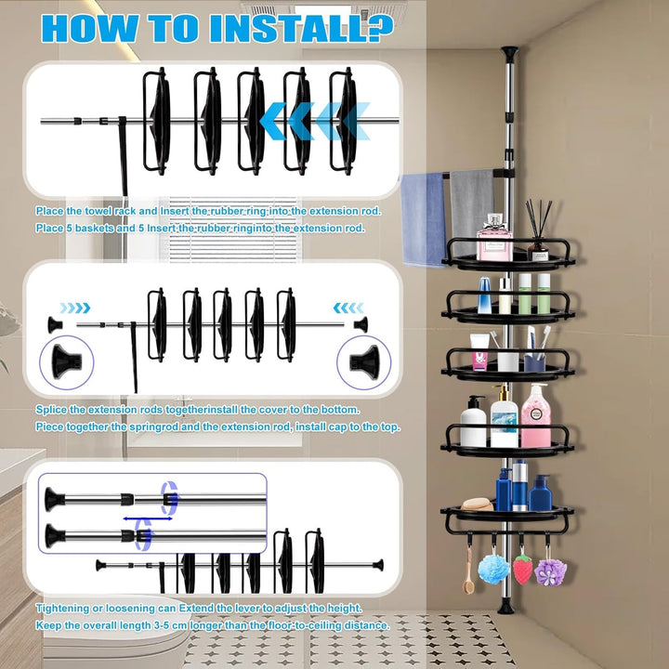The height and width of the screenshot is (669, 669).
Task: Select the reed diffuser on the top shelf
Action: click(x=538, y=230)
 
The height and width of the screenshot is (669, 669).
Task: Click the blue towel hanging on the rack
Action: click(x=424, y=218)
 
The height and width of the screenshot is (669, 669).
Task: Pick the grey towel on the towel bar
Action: click(x=472, y=209)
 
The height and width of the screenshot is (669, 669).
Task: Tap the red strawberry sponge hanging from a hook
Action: click(x=522, y=569)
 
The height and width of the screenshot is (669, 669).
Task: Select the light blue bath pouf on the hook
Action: click(x=493, y=569)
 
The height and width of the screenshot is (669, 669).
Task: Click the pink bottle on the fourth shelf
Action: click(x=535, y=415)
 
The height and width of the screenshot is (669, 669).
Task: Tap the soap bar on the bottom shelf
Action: click(x=477, y=505)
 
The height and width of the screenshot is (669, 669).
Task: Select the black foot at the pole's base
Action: click(x=506, y=606)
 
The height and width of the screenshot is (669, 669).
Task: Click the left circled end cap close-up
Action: click(x=66, y=362)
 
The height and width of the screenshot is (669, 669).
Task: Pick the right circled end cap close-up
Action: click(x=364, y=362)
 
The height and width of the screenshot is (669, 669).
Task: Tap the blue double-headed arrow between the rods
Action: click(x=148, y=518)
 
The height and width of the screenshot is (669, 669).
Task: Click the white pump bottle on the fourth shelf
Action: click(x=473, y=422)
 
